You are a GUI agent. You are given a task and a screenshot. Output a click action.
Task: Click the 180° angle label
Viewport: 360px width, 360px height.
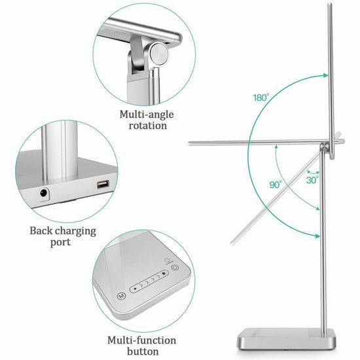click(x=261, y=98)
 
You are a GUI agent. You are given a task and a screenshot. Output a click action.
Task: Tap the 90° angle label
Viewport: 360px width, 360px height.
click(x=276, y=185)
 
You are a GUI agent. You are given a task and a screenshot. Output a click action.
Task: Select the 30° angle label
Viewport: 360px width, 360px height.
click(x=312, y=180)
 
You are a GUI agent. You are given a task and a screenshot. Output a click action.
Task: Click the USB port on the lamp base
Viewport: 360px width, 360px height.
click(x=103, y=184)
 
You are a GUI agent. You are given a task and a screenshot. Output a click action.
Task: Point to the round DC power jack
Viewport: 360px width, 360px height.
click(x=44, y=193)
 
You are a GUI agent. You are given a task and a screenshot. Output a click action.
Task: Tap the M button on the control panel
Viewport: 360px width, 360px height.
click(x=122, y=296)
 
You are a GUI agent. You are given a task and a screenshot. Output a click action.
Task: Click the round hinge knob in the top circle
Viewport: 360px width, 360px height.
click(x=159, y=54)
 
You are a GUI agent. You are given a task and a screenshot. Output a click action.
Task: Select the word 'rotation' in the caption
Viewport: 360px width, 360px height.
click(x=148, y=126)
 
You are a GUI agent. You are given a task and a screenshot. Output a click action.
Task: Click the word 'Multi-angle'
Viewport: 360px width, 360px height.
click(x=147, y=115)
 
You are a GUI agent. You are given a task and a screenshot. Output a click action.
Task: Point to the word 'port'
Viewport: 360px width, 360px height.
click(x=60, y=243)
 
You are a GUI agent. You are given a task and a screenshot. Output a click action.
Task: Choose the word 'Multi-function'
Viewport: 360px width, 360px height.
click(x=142, y=340)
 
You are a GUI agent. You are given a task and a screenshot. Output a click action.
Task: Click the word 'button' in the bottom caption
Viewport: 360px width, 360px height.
click(x=143, y=351)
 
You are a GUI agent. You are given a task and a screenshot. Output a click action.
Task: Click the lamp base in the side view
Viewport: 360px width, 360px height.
click(x=287, y=339)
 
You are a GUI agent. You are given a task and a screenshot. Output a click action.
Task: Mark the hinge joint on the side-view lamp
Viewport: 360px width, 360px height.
click(x=325, y=146)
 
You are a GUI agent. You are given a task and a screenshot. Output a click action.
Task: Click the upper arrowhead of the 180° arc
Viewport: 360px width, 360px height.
click(x=325, y=75)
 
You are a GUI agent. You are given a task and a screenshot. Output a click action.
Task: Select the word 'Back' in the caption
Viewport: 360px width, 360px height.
click(x=41, y=231)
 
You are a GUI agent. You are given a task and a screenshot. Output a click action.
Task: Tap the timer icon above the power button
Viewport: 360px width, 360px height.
click(x=168, y=261)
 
